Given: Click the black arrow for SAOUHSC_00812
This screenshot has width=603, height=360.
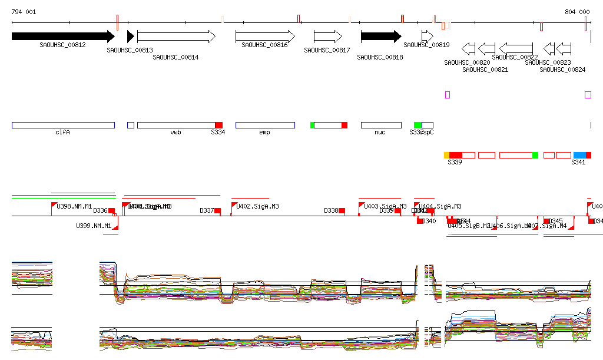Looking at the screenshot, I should [62, 37].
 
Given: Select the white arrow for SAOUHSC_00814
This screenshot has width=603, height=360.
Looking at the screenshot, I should [176, 37].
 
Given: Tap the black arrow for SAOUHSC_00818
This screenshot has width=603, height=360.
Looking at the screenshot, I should [381, 37].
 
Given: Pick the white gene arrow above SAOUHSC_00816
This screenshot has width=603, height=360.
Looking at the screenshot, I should [265, 37].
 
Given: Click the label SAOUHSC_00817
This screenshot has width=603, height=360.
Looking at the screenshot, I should [327, 51].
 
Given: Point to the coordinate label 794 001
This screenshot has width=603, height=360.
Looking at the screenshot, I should [24, 12].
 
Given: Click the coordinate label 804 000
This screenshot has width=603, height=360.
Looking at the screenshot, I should [577, 12].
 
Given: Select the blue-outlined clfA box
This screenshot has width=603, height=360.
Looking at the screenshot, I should [63, 125].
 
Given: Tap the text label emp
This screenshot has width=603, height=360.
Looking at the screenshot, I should [264, 133].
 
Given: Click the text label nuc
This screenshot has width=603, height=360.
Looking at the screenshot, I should [380, 133].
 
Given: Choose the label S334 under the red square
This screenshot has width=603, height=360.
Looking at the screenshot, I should [218, 133].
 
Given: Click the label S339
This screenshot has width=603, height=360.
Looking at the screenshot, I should [455, 162].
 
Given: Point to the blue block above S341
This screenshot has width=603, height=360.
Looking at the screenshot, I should [579, 155].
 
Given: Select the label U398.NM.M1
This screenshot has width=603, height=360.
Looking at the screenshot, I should [74, 206].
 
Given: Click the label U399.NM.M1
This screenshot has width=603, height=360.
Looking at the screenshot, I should [93, 226].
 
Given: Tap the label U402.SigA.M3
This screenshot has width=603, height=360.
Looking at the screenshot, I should [257, 206].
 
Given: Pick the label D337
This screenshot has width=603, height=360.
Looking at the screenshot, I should [207, 210].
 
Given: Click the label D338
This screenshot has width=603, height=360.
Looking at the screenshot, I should [331, 210].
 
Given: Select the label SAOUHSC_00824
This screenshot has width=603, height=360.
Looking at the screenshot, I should [562, 70].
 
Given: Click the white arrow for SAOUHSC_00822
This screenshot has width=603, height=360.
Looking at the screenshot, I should [516, 48].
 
